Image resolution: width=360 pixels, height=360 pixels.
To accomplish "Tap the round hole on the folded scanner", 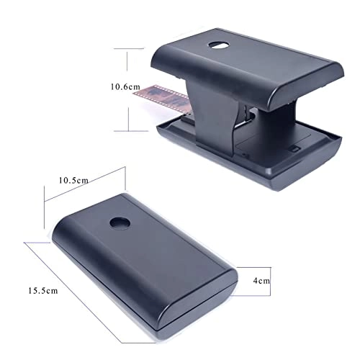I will [x=116, y=223].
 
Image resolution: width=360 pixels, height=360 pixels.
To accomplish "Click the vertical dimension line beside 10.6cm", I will [x=128, y=108].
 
